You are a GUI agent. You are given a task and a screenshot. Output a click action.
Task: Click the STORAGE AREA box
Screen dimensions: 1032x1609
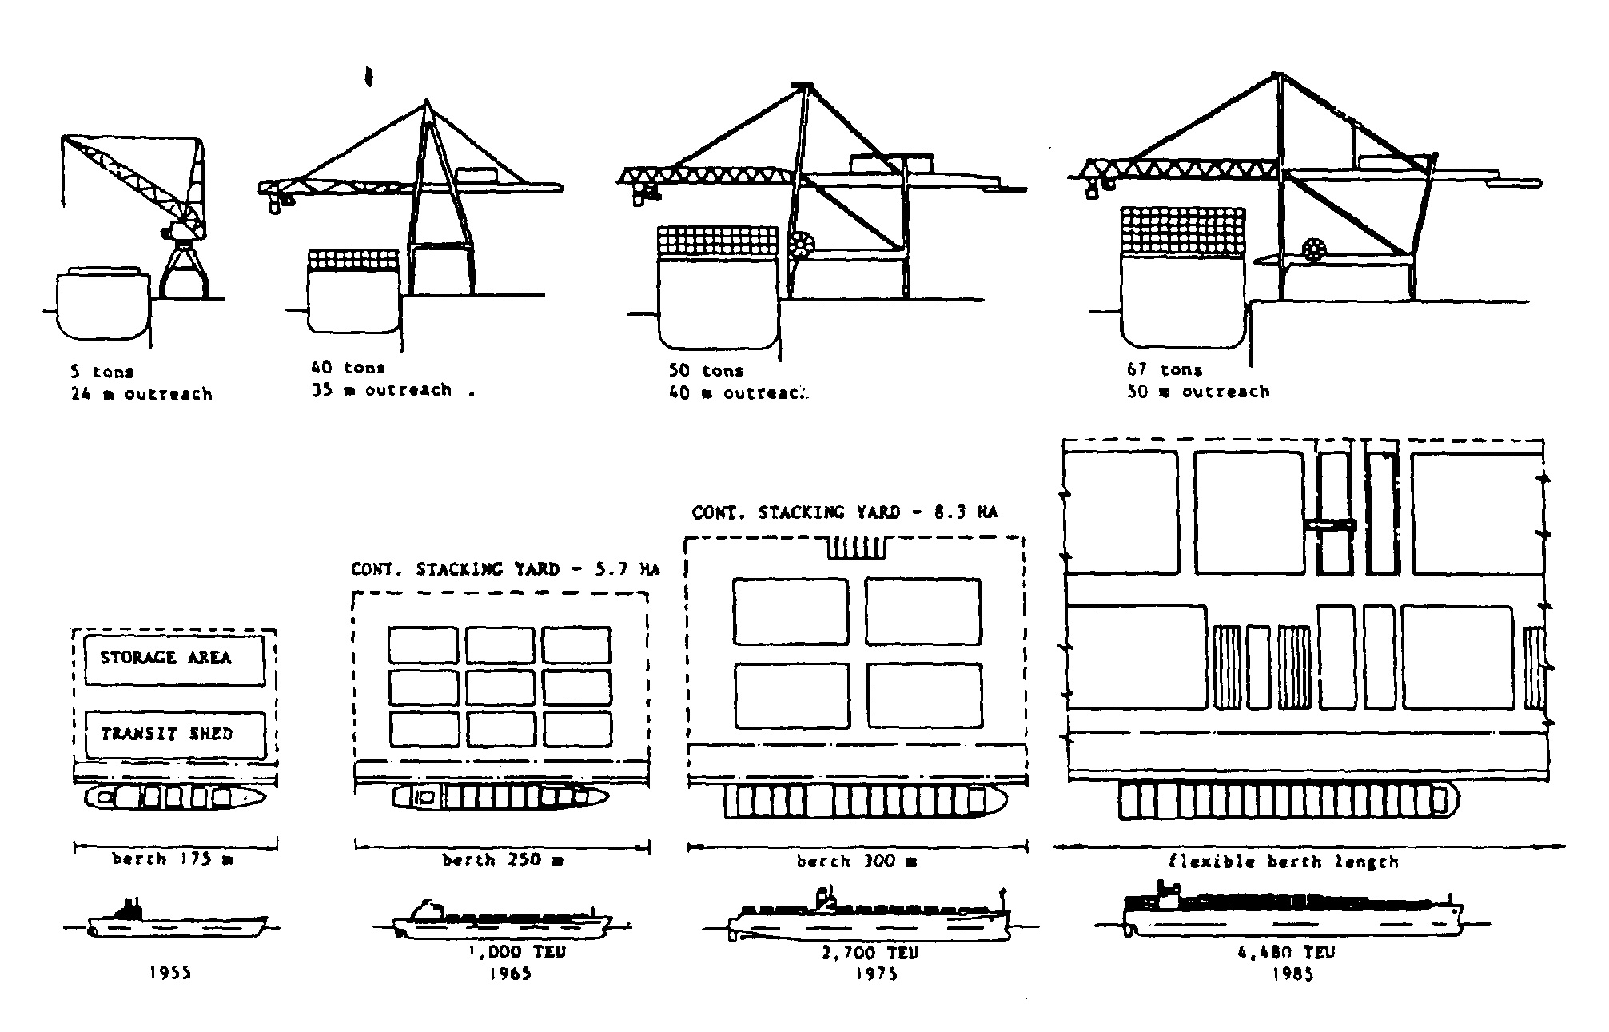click(x=174, y=660)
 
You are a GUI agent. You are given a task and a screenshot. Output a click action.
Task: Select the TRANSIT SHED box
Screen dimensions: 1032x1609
click(x=174, y=735)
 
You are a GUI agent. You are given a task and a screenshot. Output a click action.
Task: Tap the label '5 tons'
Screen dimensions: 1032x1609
click(x=102, y=372)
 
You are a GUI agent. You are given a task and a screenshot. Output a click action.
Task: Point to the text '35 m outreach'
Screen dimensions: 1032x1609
click(x=381, y=391)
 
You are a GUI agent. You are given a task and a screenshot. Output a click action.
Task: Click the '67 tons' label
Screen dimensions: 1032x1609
click(x=1165, y=369)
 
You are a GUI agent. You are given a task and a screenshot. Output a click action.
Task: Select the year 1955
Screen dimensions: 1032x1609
click(x=170, y=973)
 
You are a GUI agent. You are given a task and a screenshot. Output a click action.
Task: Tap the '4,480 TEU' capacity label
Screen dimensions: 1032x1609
click(x=1286, y=952)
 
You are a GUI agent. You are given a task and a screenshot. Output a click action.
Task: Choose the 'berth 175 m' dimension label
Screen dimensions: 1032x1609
click(x=173, y=860)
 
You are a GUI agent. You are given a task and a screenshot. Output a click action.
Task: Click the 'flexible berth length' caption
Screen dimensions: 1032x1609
click(x=1283, y=862)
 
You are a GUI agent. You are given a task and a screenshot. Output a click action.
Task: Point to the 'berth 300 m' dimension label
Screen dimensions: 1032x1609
click(x=856, y=862)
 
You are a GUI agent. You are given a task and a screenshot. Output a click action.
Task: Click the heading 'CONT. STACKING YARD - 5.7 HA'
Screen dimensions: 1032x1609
click(x=505, y=569)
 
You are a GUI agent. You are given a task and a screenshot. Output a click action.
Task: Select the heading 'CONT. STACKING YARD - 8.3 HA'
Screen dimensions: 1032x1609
click(x=844, y=512)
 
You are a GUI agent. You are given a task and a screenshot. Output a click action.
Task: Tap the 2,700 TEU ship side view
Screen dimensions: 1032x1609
click(x=870, y=918)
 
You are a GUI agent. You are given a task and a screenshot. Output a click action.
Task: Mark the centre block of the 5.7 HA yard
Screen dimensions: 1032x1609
click(x=500, y=687)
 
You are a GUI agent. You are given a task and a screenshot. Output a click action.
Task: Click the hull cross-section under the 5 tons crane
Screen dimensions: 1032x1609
click(x=103, y=304)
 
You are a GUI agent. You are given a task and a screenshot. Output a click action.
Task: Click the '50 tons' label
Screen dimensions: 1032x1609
click(x=706, y=371)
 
